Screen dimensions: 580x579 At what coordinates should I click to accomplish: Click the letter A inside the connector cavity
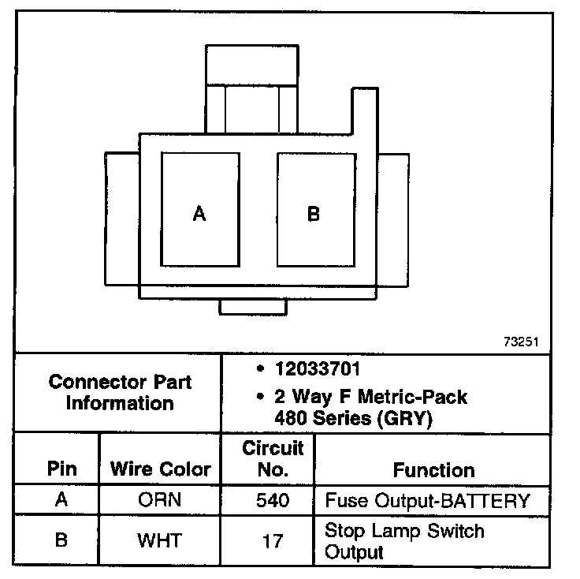[x=199, y=214]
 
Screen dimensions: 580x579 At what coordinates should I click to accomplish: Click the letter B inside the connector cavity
[x=314, y=214]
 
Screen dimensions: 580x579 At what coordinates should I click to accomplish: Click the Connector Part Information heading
[x=120, y=393]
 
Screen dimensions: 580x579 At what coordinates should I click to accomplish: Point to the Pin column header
[x=62, y=469]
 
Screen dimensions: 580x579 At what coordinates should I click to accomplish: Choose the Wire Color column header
[x=161, y=469]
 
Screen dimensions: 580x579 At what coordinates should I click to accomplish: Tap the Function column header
[x=434, y=470]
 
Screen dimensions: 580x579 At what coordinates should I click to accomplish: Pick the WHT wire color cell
[x=160, y=540]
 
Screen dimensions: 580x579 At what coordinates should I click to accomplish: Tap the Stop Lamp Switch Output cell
[x=404, y=540]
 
